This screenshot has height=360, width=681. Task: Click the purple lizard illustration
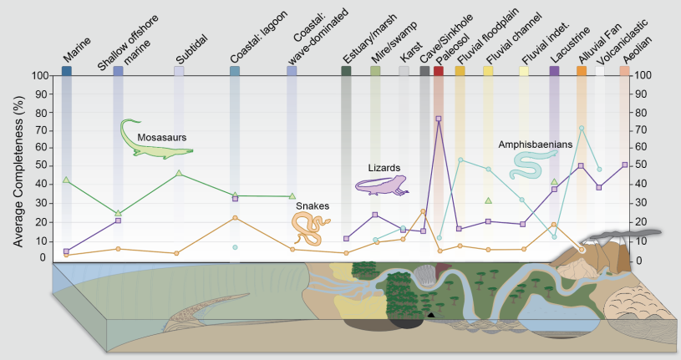(381, 185)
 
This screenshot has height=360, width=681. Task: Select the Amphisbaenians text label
(535, 144)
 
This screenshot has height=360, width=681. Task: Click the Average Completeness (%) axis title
(17, 168)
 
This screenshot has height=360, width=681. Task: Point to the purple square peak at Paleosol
(439, 119)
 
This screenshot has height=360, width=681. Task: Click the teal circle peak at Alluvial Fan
(582, 128)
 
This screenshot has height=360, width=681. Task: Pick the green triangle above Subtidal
(180, 173)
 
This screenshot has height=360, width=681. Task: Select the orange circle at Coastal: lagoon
(235, 217)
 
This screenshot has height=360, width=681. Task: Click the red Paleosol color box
(439, 71)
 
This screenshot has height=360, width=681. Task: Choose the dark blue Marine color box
(67, 71)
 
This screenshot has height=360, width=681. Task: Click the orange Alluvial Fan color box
(582, 71)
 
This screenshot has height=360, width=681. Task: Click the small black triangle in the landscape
(430, 315)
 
